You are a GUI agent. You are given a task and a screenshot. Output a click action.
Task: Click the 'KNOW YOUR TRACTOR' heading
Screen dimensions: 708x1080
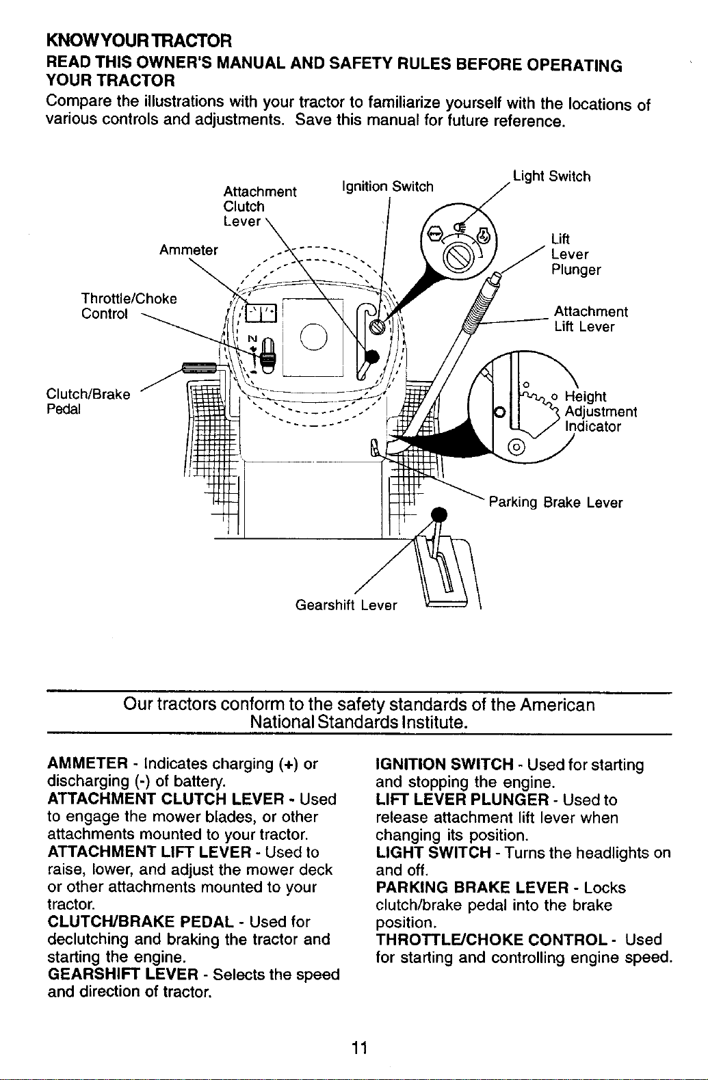(139, 40)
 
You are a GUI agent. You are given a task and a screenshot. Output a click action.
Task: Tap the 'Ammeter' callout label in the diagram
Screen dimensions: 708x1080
(189, 250)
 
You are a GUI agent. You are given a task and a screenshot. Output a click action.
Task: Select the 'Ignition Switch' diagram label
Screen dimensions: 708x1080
(387, 187)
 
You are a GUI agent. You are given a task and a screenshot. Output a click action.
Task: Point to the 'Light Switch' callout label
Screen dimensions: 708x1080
(551, 176)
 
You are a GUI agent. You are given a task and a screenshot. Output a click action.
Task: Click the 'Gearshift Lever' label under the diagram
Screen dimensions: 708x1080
(346, 605)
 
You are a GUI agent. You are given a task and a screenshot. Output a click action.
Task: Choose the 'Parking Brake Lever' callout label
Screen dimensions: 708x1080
(555, 503)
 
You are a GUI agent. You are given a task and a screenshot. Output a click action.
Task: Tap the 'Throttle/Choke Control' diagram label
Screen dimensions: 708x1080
(129, 306)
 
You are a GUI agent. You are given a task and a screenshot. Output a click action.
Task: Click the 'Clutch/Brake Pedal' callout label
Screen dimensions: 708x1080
(88, 401)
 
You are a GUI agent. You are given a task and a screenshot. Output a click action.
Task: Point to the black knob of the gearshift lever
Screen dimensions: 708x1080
(439, 514)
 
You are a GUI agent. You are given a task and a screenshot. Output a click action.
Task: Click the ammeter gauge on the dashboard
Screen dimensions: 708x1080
(261, 313)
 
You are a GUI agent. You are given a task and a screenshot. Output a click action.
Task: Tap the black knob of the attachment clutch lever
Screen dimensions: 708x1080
(371, 357)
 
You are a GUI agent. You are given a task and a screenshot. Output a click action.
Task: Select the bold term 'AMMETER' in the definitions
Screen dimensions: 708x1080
(88, 764)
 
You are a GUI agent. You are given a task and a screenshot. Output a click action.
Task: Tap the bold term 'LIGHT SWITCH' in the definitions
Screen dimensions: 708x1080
(433, 852)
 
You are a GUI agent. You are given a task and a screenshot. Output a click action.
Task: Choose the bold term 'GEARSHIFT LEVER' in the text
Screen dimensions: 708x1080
(123, 974)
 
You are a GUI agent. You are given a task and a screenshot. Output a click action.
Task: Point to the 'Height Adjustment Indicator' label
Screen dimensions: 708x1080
(601, 411)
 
